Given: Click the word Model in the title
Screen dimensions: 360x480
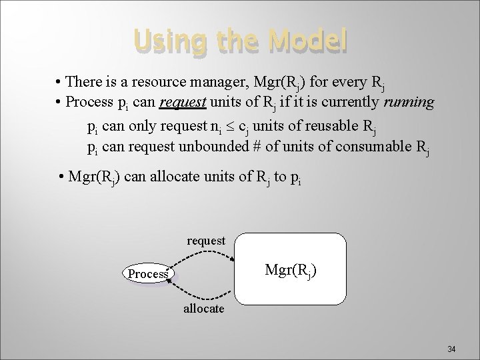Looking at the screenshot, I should click(x=307, y=41).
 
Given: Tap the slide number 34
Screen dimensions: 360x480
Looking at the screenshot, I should click(x=451, y=349).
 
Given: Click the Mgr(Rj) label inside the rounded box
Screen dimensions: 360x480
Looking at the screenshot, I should click(x=291, y=270).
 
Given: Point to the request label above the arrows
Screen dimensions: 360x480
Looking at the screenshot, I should click(x=206, y=240).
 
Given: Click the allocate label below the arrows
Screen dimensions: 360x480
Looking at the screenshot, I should click(x=204, y=310).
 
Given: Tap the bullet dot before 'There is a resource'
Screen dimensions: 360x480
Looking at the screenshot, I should click(x=59, y=83).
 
